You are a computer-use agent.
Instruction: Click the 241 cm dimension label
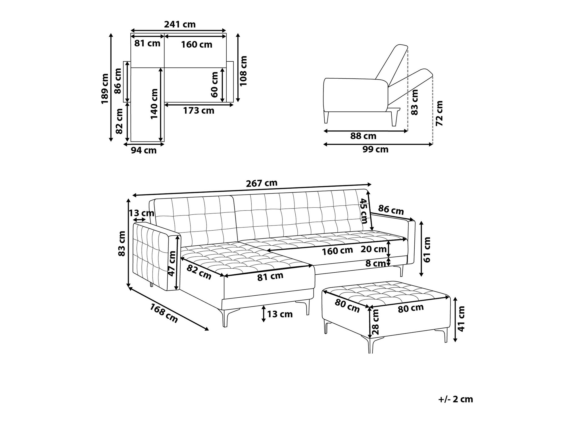[x=180, y=25]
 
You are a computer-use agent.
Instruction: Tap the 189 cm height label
[x=105, y=89]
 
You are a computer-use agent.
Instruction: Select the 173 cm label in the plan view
[x=199, y=111]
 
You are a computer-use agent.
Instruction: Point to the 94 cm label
[x=144, y=150]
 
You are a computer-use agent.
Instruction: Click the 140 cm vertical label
[x=154, y=104]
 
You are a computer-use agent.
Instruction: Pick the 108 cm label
[x=243, y=71]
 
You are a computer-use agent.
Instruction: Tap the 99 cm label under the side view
[x=375, y=149]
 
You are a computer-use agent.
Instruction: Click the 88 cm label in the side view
[x=363, y=136]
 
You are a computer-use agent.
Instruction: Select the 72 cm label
[x=439, y=113]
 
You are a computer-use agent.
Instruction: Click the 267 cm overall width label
[x=262, y=183]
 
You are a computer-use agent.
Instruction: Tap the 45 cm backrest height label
[x=364, y=211]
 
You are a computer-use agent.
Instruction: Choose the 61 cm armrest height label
[x=427, y=249]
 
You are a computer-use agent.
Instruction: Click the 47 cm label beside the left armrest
[x=172, y=263]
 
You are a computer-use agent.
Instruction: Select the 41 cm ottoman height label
[x=461, y=319]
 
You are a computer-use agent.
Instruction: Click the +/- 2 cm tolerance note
[x=456, y=399]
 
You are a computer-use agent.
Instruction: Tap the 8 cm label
[x=375, y=264]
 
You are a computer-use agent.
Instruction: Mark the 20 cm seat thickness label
[x=373, y=249]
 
